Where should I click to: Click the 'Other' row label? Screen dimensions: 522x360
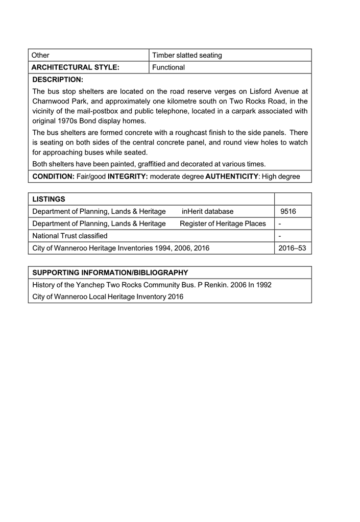(40, 55)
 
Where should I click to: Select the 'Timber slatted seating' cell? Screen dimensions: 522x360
(187, 55)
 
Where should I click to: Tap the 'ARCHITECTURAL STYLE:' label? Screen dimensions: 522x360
(76, 67)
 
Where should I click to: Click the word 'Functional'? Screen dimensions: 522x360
(169, 67)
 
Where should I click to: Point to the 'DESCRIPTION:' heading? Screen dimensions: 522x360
(58, 80)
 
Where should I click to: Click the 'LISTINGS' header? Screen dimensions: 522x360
(49, 198)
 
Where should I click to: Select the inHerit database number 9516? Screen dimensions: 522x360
(289, 211)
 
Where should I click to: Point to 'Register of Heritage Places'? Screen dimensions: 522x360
(223, 223)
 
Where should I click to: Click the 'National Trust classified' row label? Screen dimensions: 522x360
(70, 236)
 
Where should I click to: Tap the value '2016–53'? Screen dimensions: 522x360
(293, 248)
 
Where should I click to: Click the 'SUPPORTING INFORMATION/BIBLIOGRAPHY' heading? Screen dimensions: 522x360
(110, 272)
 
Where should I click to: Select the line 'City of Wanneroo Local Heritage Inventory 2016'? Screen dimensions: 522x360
(108, 296)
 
